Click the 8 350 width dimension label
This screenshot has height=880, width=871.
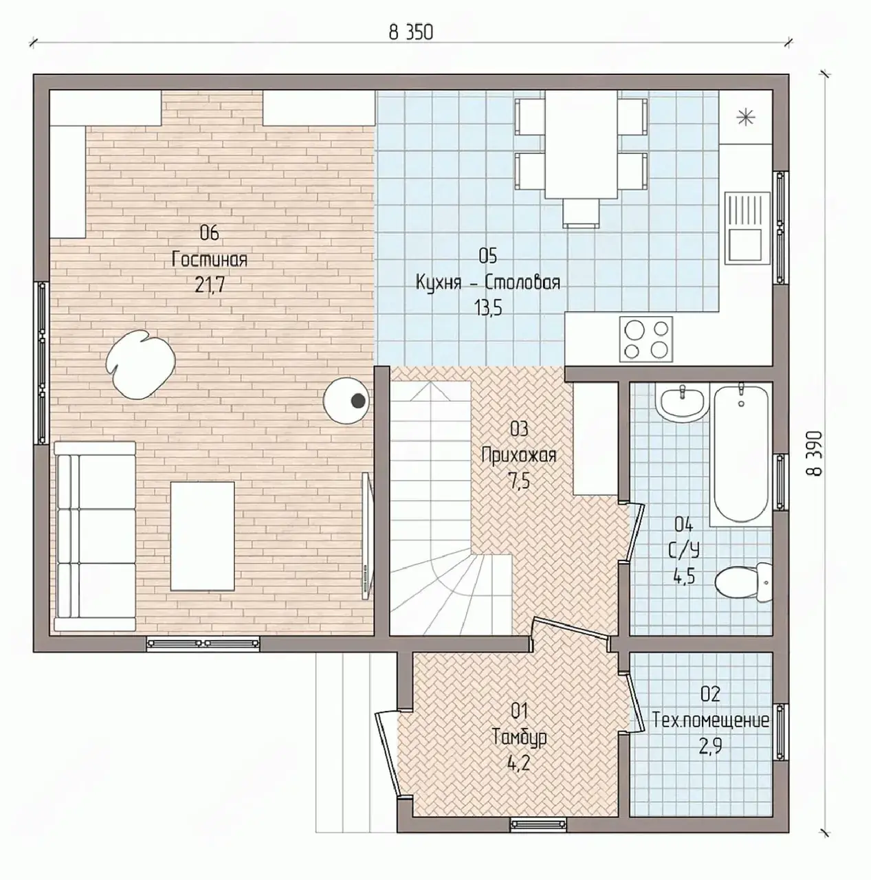click(x=410, y=32)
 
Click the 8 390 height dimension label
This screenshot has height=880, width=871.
click(x=815, y=453)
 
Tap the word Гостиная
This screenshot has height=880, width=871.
click(x=210, y=259)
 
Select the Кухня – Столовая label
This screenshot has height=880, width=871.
click(x=488, y=283)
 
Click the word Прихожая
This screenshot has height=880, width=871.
click(x=519, y=455)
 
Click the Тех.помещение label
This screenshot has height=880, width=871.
click(x=710, y=720)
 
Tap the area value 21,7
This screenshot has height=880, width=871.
click(x=210, y=285)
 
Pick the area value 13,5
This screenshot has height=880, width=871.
click(x=488, y=309)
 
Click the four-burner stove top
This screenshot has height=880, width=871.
click(x=646, y=340)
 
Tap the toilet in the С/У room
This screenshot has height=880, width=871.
click(x=743, y=583)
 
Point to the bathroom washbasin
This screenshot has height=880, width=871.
click(x=683, y=403)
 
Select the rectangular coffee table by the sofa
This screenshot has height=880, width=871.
click(x=203, y=536)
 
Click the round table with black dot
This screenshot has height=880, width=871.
click(x=346, y=401)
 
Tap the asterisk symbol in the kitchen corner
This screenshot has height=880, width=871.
click(x=745, y=118)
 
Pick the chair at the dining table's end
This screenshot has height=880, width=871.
click(x=581, y=213)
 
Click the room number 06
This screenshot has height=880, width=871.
click(x=210, y=233)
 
